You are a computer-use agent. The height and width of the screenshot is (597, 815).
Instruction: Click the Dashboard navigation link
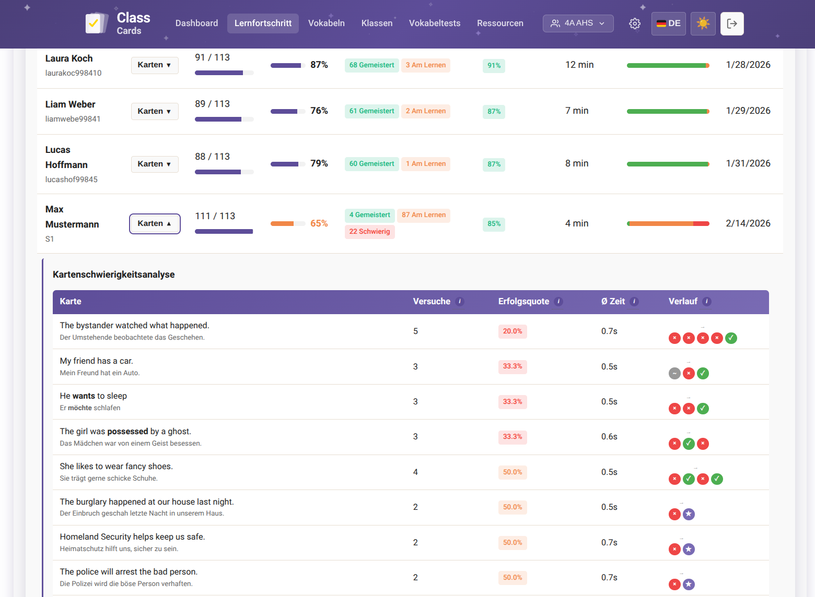point(196,23)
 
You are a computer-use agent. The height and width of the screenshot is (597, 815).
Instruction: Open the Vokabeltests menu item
point(434,23)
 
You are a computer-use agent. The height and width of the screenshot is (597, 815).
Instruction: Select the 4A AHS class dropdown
point(578,23)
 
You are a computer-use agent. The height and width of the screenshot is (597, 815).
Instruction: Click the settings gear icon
point(634,24)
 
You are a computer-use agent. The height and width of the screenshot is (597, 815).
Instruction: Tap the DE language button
point(668,24)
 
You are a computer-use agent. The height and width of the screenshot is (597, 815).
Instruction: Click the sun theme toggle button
point(703,24)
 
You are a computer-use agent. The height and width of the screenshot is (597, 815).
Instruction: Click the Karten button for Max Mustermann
point(155,224)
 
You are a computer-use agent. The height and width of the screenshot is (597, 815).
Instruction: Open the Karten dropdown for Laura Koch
point(155,65)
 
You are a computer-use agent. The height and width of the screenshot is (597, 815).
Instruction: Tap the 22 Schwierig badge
point(369,232)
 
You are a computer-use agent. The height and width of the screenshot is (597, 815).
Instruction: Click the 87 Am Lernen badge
point(423,215)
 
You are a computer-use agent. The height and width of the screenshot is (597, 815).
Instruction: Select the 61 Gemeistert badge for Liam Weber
point(371,111)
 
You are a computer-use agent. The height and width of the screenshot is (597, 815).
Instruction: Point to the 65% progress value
point(319,223)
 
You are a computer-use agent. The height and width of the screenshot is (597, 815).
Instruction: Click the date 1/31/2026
point(748,163)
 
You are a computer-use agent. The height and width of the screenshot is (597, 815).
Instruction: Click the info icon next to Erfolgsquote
point(558,302)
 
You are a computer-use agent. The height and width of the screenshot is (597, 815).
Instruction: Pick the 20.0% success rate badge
point(512,331)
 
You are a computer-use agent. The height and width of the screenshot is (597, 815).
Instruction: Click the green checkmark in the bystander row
point(731,338)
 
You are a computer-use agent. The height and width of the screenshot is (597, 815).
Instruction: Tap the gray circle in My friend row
point(674,374)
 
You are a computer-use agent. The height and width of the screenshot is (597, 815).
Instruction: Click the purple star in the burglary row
point(689,515)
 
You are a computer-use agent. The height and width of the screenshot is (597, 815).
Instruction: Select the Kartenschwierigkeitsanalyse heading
point(114,274)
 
